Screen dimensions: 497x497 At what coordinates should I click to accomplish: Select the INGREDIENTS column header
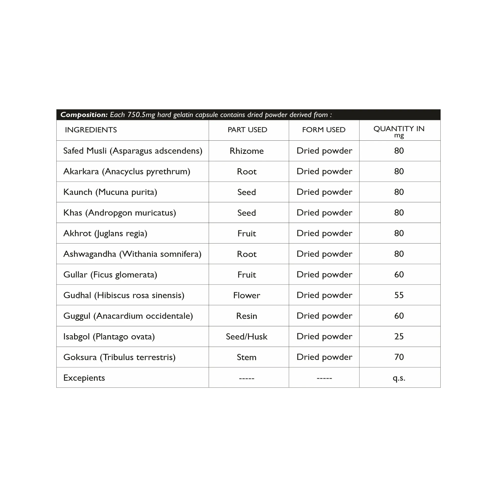[91, 130]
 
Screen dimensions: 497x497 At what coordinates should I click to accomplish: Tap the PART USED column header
[247, 130]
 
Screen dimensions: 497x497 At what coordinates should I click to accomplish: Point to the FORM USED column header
[324, 130]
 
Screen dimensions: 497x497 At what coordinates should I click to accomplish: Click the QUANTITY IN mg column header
[399, 131]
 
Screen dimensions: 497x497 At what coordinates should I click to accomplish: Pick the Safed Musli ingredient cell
[133, 151]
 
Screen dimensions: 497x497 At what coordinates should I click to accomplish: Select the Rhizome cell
[247, 151]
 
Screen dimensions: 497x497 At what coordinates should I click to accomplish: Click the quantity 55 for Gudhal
[399, 295]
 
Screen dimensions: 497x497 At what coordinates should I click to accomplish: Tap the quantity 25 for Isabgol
[399, 336]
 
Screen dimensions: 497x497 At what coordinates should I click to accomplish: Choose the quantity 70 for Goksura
[399, 357]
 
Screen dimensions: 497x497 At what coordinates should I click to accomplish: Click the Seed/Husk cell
[247, 336]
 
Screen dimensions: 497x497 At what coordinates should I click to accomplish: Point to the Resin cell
[247, 316]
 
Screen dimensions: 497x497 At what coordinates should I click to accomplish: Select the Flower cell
[247, 295]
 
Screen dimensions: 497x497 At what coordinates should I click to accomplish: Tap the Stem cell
[247, 357]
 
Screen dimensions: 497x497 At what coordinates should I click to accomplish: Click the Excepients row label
[84, 378]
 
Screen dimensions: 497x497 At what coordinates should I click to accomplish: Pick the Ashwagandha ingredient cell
[132, 254]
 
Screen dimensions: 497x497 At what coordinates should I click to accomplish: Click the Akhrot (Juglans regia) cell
[105, 234]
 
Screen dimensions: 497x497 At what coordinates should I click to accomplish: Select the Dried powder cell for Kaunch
[324, 192]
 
